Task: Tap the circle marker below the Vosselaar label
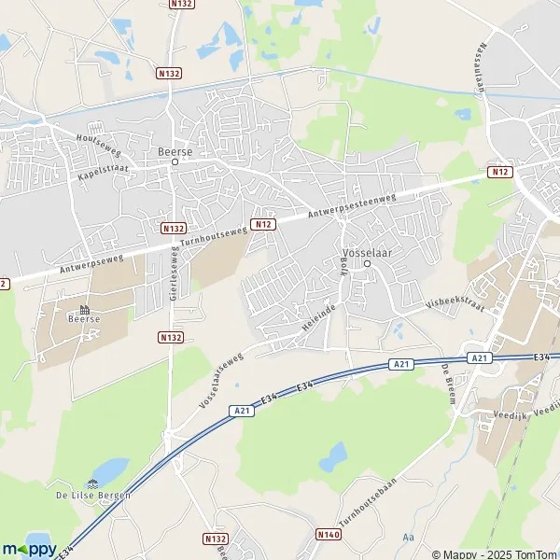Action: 367,263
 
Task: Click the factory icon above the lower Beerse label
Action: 84,307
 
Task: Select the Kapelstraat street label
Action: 103,169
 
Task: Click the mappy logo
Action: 30,549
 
